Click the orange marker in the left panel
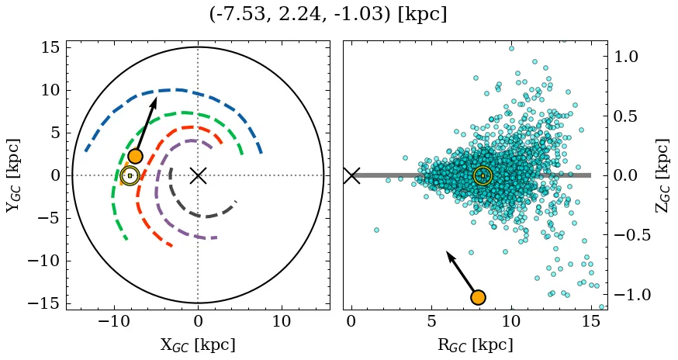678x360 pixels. click(x=135, y=156)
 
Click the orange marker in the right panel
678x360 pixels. click(x=478, y=297)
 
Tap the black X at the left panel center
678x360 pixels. click(x=198, y=175)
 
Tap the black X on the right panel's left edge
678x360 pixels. click(x=351, y=175)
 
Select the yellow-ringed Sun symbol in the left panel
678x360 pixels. click(x=130, y=175)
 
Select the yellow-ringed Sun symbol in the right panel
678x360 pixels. click(x=483, y=176)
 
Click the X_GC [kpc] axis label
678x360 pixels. click(x=198, y=344)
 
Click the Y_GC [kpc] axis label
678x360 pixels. click(x=13, y=175)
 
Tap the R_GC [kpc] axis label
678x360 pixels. click(x=475, y=344)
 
